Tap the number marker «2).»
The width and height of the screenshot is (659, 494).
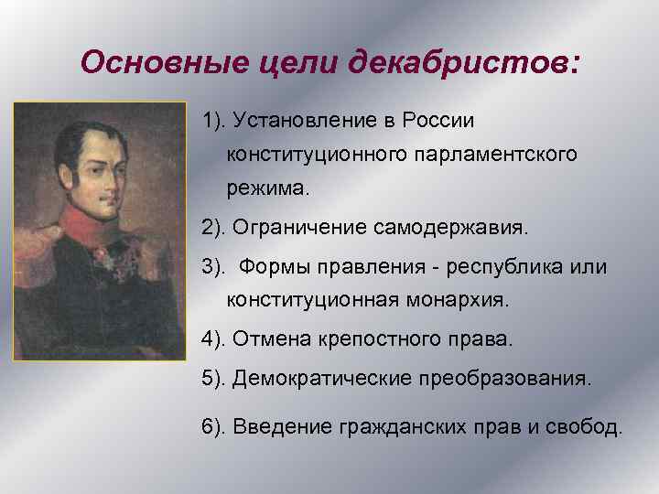(215, 226)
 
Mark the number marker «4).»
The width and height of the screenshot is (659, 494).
(215, 338)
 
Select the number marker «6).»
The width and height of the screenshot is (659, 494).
(215, 425)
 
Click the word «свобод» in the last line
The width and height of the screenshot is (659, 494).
(590, 425)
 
